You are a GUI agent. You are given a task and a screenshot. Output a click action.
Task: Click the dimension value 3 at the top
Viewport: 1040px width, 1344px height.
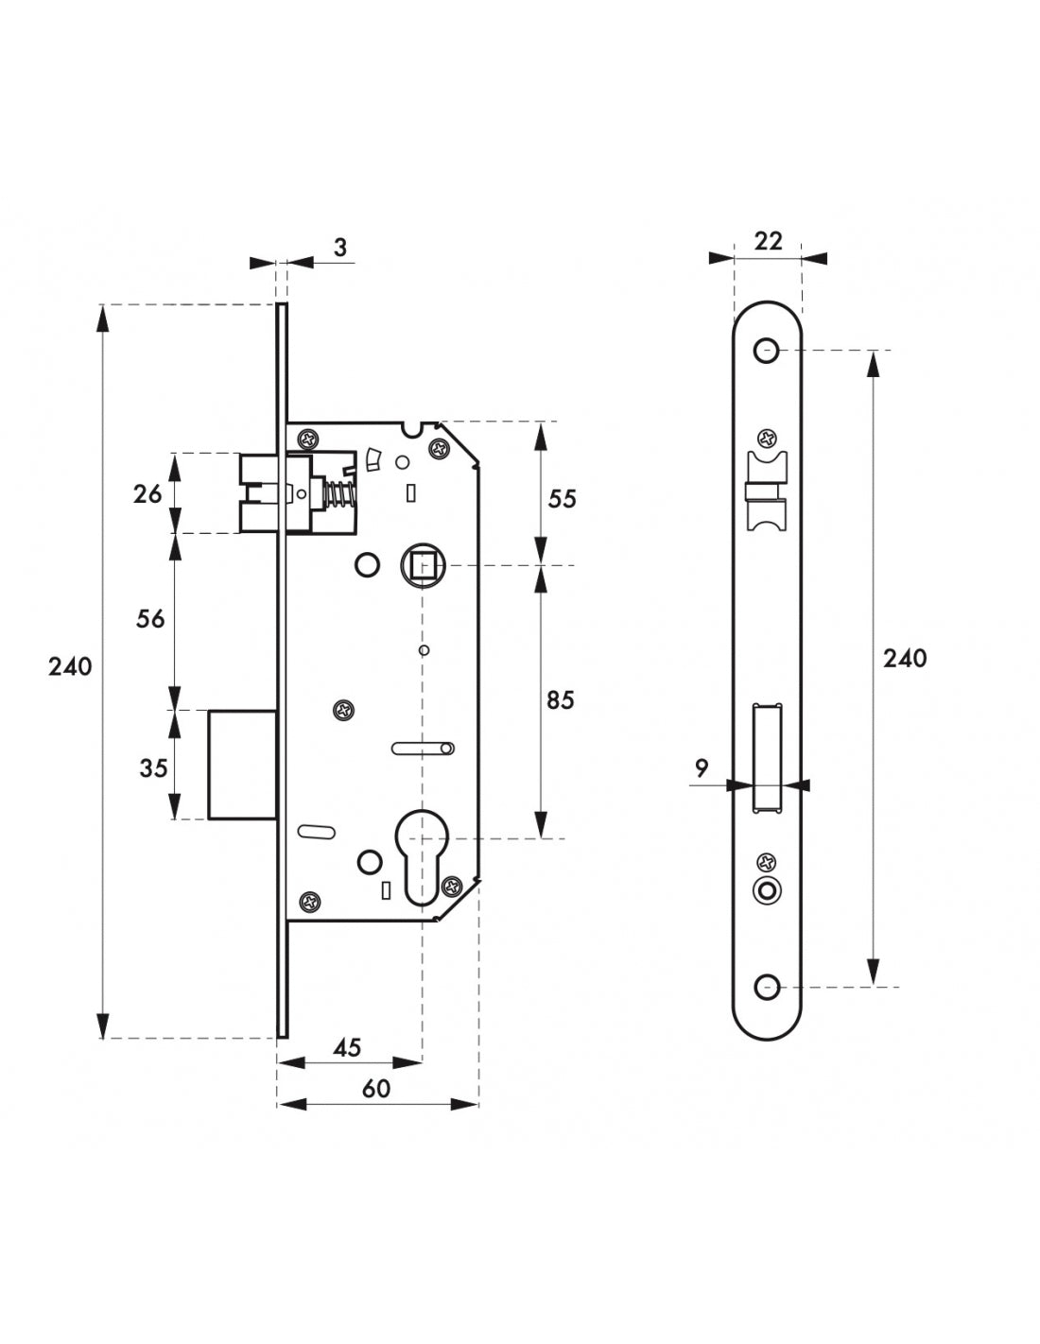(340, 247)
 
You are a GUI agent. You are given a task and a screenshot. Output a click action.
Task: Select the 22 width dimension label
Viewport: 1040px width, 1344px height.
(769, 241)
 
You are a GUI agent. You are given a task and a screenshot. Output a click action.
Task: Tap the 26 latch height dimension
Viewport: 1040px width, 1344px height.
(148, 493)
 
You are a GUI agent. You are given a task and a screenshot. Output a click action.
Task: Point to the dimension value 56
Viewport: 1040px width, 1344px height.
(149, 618)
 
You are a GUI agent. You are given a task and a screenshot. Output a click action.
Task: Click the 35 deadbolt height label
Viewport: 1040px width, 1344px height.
(153, 767)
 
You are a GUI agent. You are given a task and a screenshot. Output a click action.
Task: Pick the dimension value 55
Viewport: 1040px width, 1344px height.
(562, 498)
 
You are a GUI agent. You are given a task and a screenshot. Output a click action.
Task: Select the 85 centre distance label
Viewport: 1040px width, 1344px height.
(561, 700)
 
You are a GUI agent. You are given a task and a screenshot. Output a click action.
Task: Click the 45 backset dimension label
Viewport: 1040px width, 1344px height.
(348, 1047)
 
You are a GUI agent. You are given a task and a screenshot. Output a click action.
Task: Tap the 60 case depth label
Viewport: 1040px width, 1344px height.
(375, 1089)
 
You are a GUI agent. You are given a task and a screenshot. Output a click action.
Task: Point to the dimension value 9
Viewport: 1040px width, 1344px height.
(702, 768)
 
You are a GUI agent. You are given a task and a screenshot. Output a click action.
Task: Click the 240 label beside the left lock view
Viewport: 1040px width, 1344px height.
(71, 666)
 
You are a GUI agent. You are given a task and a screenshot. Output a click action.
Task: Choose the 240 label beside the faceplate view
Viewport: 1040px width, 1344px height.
(905, 658)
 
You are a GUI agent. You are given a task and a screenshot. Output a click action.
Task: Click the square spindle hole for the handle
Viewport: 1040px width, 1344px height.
(423, 565)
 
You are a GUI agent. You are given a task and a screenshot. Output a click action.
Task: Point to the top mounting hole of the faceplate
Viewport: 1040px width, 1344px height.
(765, 352)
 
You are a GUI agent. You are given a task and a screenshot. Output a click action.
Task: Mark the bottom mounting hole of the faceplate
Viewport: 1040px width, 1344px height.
(765, 987)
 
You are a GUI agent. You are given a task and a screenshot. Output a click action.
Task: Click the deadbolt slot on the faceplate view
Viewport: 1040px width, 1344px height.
(768, 758)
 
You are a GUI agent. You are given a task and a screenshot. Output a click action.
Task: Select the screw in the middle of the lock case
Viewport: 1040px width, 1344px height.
(342, 710)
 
